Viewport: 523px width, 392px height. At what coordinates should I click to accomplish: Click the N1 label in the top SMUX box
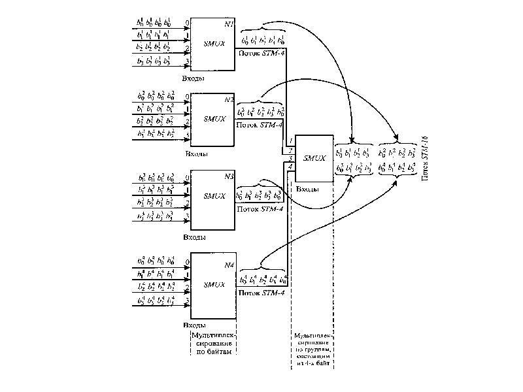pos(229,24)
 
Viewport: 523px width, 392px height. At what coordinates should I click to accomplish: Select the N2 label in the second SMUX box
pos(229,99)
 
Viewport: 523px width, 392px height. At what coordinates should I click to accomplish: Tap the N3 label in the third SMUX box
pos(229,176)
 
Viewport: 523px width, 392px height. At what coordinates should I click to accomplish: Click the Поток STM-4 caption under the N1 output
pos(260,52)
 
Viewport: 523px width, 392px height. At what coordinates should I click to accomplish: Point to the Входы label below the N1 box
pos(193,78)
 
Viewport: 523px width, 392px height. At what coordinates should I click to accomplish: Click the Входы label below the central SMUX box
pos(308,189)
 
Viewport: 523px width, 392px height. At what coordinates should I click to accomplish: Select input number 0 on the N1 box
pos(188,23)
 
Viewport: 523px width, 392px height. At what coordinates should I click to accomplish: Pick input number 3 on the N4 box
pos(188,301)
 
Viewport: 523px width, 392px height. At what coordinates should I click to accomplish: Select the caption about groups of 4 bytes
pos(312,349)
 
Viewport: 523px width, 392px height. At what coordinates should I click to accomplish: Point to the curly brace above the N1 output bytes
pos(262,27)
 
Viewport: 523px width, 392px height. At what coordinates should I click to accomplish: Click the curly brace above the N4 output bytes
pos(262,267)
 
